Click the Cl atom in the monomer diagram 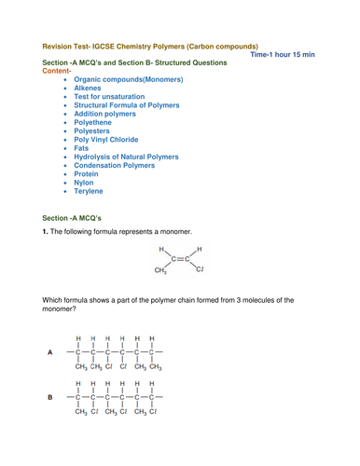(200, 271)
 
